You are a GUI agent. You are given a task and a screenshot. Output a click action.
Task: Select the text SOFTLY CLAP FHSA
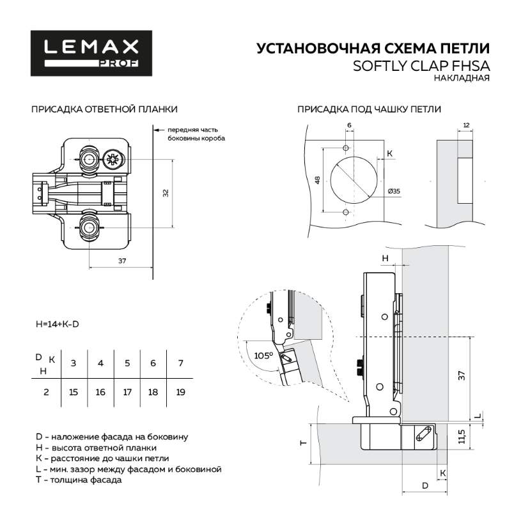click(421, 66)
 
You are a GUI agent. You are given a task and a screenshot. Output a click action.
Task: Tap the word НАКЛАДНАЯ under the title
click(461, 79)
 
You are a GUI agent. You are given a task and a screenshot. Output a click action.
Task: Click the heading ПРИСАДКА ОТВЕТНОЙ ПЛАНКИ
click(104, 109)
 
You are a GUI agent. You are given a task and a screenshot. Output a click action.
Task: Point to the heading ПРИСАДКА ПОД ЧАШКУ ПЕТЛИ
click(369, 109)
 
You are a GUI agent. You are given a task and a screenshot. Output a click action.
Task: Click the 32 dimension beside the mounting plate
click(165, 192)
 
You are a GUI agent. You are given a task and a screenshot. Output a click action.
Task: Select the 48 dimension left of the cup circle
click(318, 180)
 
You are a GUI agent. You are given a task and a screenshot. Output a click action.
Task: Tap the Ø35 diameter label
click(394, 191)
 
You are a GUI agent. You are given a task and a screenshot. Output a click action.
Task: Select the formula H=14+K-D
click(58, 324)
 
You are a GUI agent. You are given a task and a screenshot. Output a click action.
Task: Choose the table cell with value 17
click(127, 391)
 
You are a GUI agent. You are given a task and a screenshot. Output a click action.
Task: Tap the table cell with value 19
click(180, 391)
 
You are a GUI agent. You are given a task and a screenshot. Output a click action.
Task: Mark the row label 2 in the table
click(46, 391)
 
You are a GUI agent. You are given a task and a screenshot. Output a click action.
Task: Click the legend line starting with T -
click(79, 480)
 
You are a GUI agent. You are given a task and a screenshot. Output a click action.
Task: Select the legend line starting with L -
click(128, 469)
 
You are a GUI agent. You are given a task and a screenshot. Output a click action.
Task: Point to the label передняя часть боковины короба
click(197, 134)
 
